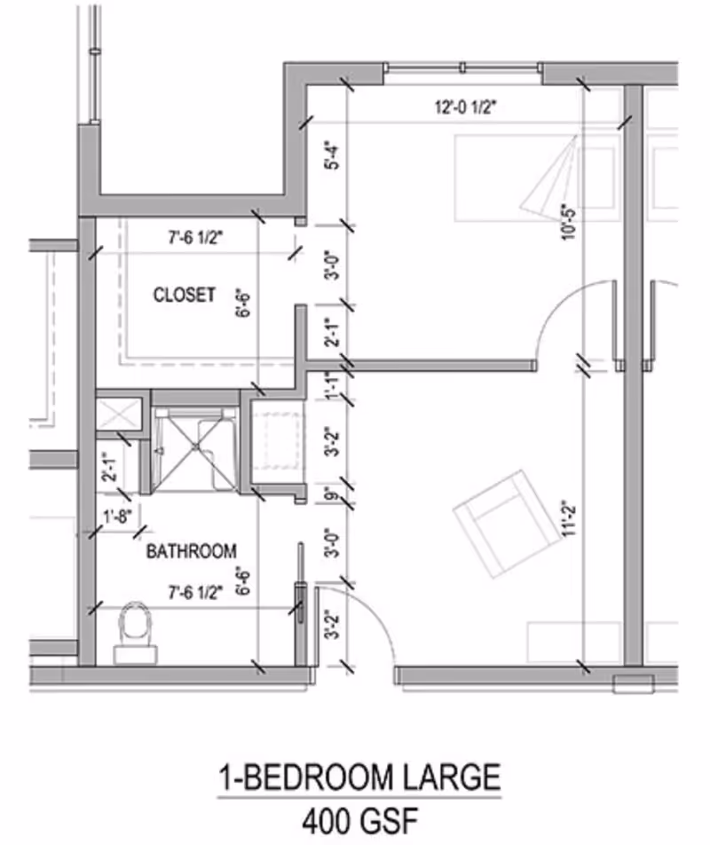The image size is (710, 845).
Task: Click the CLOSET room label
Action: pos(184,295)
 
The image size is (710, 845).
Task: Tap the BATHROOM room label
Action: pos(191,551)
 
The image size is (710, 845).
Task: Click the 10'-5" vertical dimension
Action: pos(569,222)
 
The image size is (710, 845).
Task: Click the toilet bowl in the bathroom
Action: pos(136,623)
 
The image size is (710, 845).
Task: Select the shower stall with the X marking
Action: pos(194,447)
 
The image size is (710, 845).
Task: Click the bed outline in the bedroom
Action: pos(532,178)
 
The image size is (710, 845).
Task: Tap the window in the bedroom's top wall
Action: pos(463,67)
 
